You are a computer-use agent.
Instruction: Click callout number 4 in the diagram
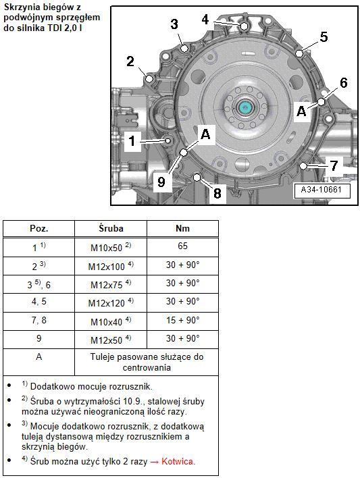205,19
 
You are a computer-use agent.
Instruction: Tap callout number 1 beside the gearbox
132,141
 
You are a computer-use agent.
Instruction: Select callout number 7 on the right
334,166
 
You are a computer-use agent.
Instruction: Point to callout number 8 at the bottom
217,193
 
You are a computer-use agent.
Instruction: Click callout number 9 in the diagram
161,182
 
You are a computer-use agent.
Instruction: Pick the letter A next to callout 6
301,111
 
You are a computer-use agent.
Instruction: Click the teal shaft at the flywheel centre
245,107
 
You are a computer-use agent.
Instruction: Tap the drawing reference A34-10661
321,190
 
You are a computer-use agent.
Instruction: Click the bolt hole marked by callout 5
299,53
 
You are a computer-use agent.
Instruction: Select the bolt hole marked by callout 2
149,78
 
